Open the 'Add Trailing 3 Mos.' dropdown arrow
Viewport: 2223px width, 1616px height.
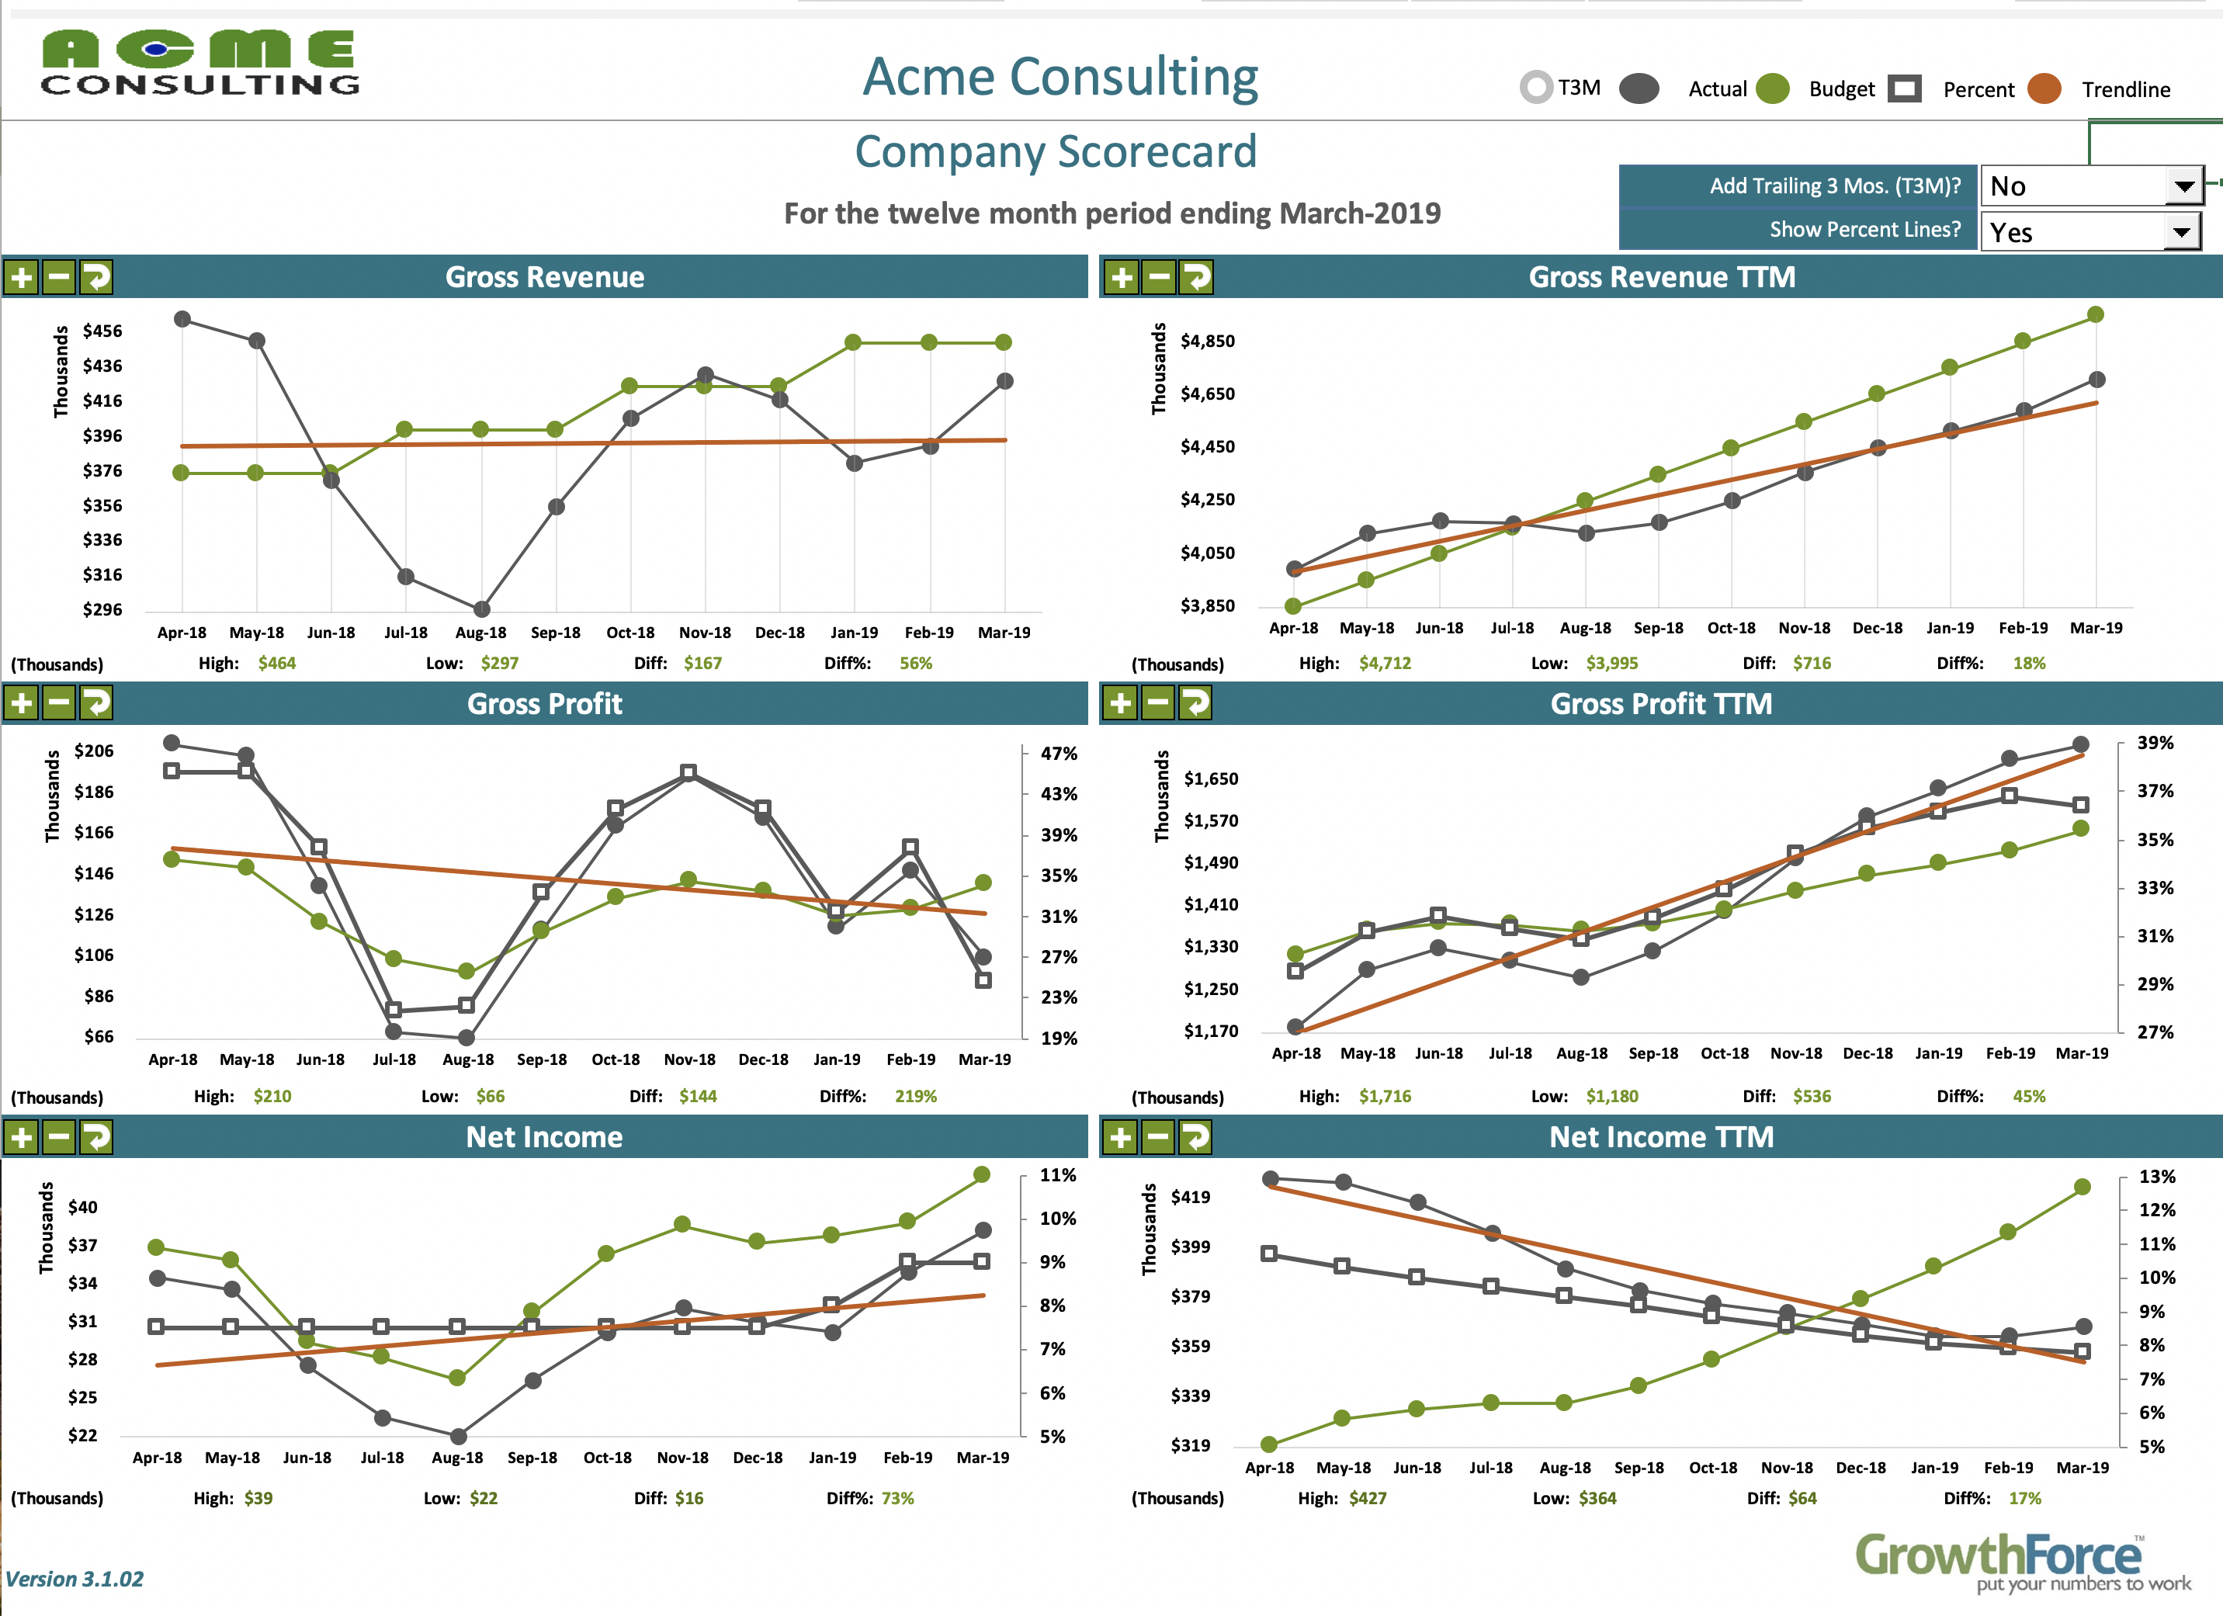pos(2183,186)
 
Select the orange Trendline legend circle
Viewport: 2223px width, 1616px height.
pos(2044,89)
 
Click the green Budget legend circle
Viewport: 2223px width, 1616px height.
pos(1772,89)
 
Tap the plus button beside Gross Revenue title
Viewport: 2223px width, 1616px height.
pos(22,277)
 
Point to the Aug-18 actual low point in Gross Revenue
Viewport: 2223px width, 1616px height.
pos(481,609)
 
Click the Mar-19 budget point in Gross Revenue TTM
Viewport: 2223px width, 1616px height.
pos(2096,314)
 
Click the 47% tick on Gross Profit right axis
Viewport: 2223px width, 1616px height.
pos(1059,754)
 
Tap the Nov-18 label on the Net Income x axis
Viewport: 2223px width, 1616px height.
pos(682,1457)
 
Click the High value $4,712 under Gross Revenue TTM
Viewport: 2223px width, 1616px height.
pos(1385,664)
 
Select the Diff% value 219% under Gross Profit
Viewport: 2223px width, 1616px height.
pos(915,1096)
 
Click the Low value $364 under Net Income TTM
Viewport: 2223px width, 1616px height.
pos(1597,1498)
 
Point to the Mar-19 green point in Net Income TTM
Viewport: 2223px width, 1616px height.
pos(2083,1187)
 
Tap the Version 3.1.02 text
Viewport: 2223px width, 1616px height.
pos(75,1579)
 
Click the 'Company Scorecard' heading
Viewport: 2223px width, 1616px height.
pos(1055,152)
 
